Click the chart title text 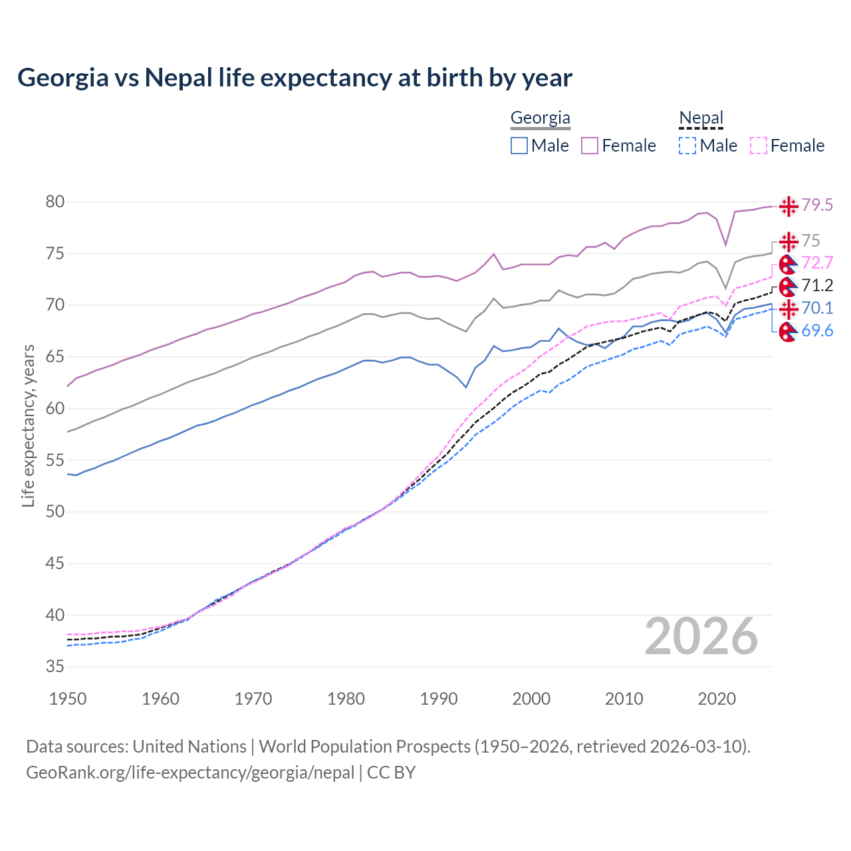point(295,78)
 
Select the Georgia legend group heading point(540,118)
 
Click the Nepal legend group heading point(701,118)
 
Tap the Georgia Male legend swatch point(519,146)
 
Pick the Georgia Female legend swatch point(590,146)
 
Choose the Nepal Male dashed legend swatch point(687,146)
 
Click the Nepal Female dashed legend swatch point(759,146)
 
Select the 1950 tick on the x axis point(68,699)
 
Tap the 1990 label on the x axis point(439,699)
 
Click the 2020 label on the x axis point(717,699)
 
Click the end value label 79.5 point(817,205)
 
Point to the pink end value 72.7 point(817,263)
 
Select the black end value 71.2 point(817,285)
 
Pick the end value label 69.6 point(817,330)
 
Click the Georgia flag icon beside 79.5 point(789,206)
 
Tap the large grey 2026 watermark point(701,636)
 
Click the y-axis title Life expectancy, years point(28,425)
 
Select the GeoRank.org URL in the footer point(190,773)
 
